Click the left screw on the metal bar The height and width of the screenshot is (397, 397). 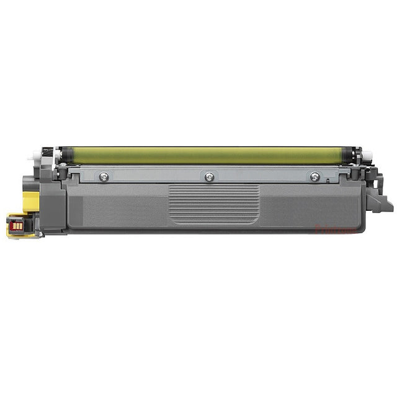click(x=104, y=177)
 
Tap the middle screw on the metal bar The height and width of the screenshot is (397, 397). click(x=209, y=177)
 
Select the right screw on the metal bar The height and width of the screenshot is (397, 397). click(x=314, y=177)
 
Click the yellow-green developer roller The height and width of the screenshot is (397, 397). click(x=205, y=155)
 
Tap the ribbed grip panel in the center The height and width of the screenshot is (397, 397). click(x=214, y=203)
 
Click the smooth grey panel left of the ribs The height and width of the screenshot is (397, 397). click(x=118, y=208)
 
